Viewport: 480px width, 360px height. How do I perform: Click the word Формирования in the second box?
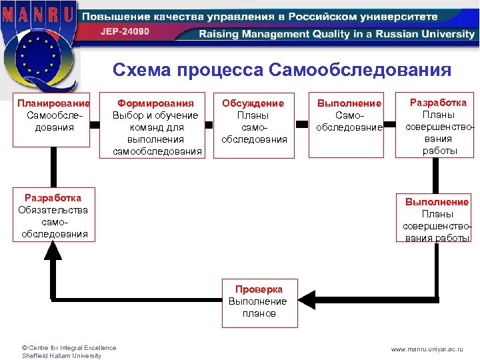(155, 103)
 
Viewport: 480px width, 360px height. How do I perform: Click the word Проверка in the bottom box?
(259, 289)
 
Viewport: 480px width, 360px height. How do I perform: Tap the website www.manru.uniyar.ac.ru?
(436, 349)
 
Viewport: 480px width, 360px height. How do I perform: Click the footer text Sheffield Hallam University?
(61, 355)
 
